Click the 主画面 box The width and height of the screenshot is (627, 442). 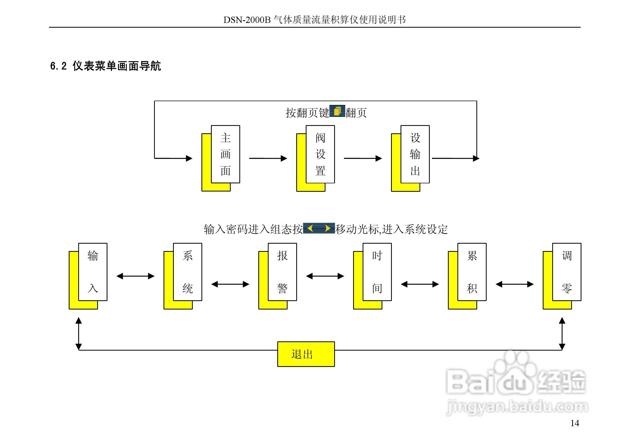coord(225,154)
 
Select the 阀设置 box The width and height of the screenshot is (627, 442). coord(320,154)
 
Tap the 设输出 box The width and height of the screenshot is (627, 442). coord(415,154)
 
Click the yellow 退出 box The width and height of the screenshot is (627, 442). coord(306,354)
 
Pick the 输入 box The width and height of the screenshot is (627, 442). coord(93,272)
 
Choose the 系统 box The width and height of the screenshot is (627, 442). coord(187,272)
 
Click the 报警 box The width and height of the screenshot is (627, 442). coord(282,272)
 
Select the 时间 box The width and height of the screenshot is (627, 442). coord(377,272)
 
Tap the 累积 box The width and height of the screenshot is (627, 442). coord(472,272)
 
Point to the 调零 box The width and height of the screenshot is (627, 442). coord(566,272)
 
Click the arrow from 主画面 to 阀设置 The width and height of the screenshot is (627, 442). coord(268,158)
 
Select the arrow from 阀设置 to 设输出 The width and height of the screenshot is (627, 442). coord(363,158)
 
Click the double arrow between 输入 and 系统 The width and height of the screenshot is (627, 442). coord(135,276)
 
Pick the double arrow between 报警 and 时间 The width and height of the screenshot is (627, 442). coord(325,276)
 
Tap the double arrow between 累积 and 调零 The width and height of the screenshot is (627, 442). coord(515,284)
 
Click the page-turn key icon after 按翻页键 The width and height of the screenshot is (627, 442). coord(337,111)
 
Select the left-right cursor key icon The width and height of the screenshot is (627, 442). coord(319,228)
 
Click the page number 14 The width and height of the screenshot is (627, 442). coord(575,423)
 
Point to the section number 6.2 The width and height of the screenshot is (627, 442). coord(58,66)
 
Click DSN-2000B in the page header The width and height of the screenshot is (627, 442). coord(247,20)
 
